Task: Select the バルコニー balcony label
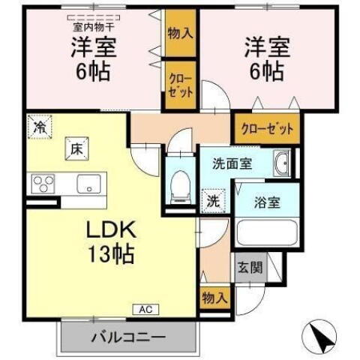127,337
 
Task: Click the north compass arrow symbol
322,335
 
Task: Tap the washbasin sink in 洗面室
283,164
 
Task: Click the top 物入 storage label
179,33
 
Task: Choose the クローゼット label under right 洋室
266,129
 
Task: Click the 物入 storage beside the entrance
215,298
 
